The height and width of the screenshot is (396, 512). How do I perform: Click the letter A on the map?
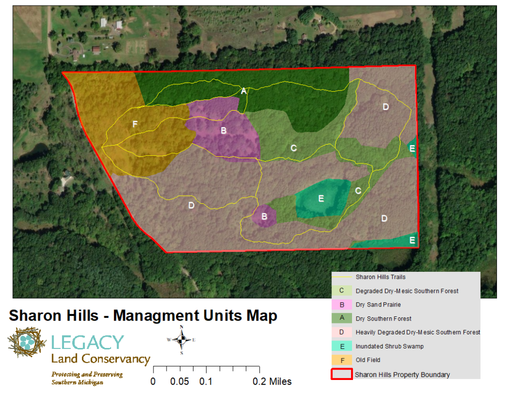click(x=243, y=91)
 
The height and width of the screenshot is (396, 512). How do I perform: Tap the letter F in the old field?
click(x=134, y=124)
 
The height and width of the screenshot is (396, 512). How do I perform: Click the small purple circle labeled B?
click(x=264, y=217)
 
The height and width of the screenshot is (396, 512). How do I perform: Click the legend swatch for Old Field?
click(x=341, y=359)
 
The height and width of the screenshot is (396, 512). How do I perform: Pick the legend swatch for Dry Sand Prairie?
click(x=341, y=304)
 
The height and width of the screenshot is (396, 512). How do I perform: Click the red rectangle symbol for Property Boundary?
click(x=341, y=374)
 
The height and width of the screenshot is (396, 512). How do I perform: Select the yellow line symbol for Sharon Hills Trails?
click(x=341, y=277)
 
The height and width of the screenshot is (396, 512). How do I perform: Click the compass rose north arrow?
click(x=182, y=339)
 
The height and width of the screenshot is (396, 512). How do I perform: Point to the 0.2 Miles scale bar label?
click(x=272, y=381)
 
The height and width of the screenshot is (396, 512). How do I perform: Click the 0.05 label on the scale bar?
click(x=179, y=381)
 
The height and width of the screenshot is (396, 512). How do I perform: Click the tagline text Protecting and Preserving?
click(x=87, y=374)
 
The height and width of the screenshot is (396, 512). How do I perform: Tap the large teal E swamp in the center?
click(x=321, y=199)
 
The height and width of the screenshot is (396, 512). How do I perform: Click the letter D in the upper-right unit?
click(x=385, y=107)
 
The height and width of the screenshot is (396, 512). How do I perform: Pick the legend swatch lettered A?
click(x=341, y=318)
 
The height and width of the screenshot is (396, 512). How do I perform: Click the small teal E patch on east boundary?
click(x=412, y=148)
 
